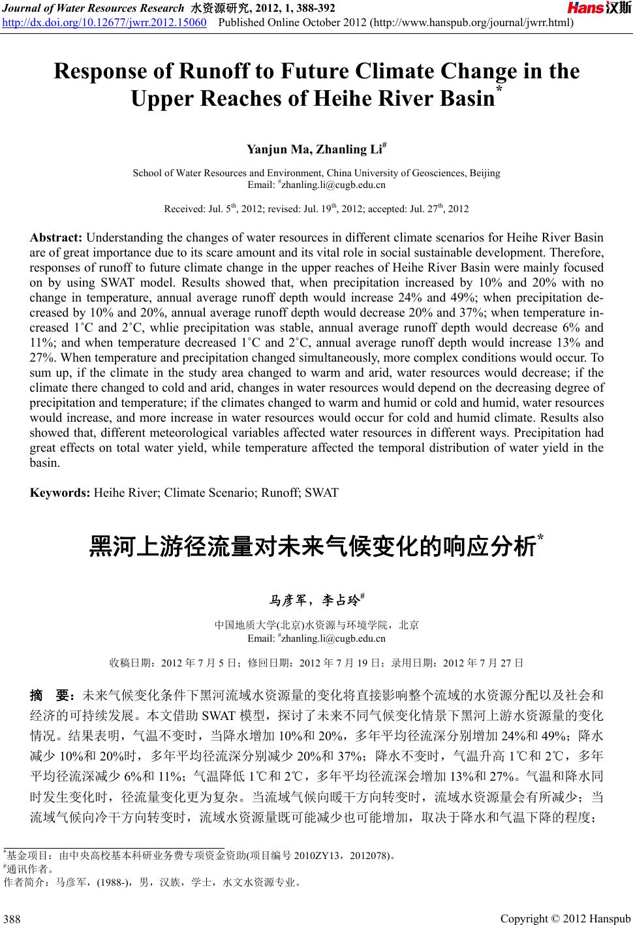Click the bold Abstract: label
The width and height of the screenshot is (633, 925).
pyautogui.click(x=57, y=238)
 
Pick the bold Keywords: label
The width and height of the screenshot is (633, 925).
pyautogui.click(x=61, y=492)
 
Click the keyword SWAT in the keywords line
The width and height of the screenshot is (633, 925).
pyautogui.click(x=321, y=492)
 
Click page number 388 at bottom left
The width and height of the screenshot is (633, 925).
pyautogui.click(x=12, y=918)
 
